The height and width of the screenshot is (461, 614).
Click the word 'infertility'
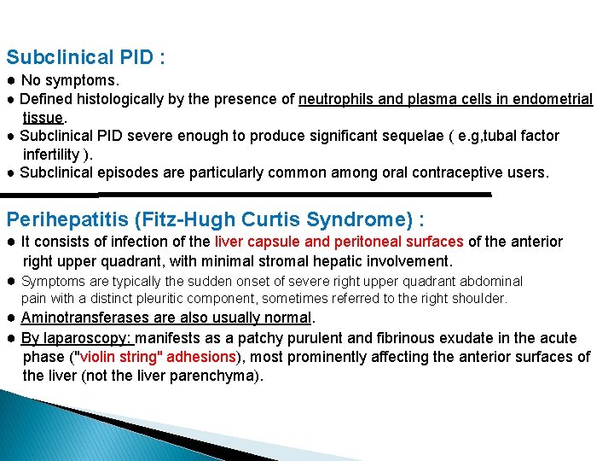click(56, 155)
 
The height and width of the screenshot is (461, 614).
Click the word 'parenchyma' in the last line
click(215, 375)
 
